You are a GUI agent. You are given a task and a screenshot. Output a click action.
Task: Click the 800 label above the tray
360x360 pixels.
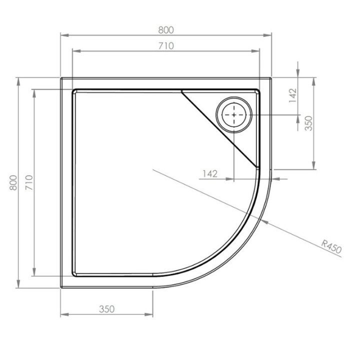tap(166, 29)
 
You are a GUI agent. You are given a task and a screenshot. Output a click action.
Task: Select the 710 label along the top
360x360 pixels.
tap(166, 46)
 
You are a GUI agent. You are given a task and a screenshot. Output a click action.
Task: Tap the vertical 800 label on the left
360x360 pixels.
tap(13, 182)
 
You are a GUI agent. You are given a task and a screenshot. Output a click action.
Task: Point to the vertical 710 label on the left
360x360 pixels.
tap(29, 182)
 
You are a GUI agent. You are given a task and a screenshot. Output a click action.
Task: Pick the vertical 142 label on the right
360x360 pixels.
tap(293, 95)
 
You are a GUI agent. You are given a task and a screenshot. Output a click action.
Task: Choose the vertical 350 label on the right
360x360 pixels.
tap(308, 123)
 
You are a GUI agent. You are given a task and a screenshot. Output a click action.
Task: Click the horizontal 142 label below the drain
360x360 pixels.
tap(210, 173)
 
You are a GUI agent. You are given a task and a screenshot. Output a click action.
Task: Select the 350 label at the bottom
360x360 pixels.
tap(106, 309)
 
